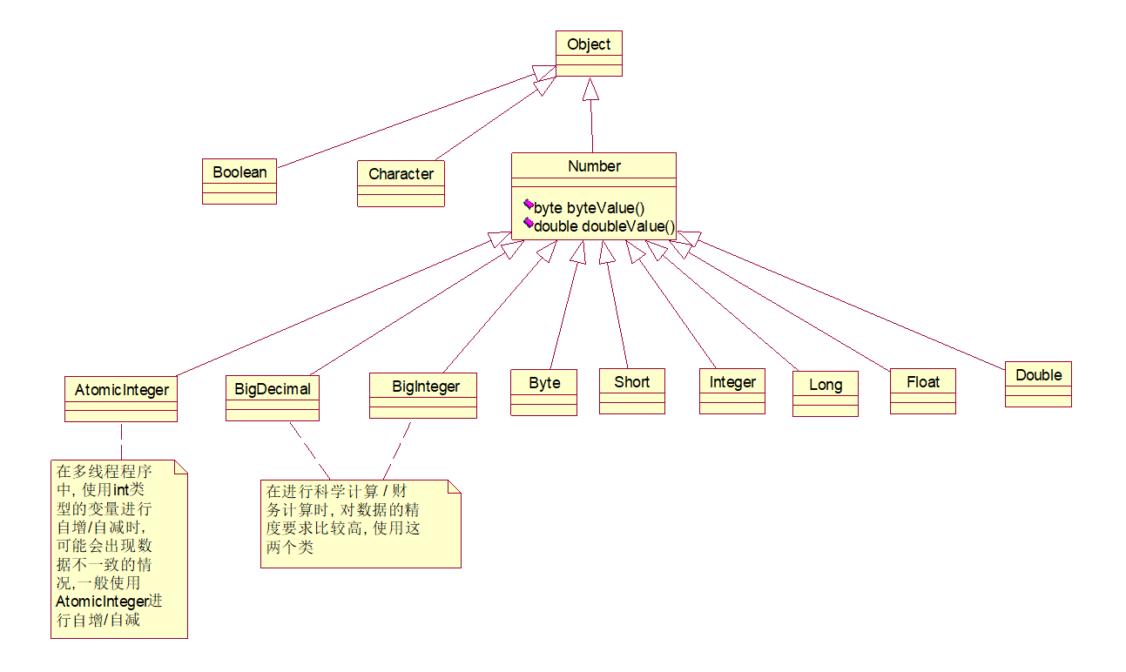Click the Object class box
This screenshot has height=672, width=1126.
589,53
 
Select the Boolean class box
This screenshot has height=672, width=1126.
239,181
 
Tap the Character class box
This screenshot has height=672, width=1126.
401,184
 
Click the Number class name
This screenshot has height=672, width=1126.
594,166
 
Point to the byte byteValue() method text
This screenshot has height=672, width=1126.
589,207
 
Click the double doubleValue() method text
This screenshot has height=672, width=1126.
604,226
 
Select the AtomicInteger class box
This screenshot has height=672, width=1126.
121,399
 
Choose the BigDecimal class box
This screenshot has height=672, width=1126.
273,398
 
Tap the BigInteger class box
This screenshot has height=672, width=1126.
423,395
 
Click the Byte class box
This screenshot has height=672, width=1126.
544,393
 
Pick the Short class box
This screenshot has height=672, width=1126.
632,391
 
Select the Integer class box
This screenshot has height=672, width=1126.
732,391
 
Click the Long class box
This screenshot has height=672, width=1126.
826,393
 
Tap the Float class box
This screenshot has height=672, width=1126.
923,391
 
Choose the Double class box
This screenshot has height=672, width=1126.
1039,384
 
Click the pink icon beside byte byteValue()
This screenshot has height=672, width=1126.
529,204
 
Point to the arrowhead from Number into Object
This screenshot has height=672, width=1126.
590,89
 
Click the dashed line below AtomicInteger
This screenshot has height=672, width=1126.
121,440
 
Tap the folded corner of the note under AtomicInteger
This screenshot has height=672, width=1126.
181,467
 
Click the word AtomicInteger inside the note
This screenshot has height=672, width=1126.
102,601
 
